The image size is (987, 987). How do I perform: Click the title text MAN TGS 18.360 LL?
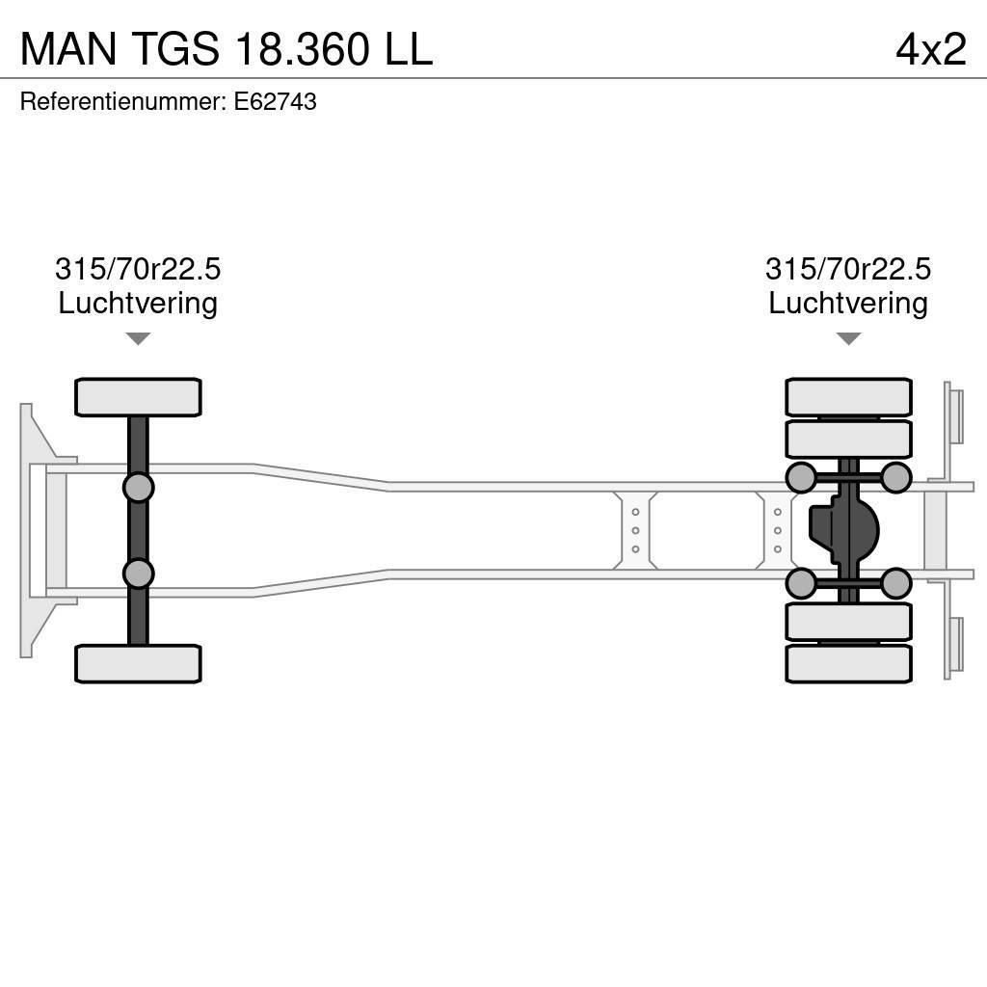point(226,49)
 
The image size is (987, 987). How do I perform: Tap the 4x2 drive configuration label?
point(930,49)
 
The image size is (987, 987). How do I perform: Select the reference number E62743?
point(275,102)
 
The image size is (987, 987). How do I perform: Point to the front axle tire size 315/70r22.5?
point(138,269)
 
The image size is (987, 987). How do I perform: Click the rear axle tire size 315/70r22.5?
point(848,269)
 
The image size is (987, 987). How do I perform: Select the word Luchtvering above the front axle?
point(138,303)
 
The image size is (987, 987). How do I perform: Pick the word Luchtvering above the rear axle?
point(848,303)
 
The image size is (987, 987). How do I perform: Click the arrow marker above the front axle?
point(138,338)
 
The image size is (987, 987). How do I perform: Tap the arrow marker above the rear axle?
point(848,338)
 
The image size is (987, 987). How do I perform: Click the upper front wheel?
point(138,397)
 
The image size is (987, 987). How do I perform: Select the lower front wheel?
point(138,664)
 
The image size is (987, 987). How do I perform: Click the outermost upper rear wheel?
point(848,397)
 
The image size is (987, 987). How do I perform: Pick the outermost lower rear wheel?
point(848,664)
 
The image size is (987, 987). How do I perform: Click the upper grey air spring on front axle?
point(138,487)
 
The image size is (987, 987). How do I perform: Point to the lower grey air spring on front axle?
point(138,574)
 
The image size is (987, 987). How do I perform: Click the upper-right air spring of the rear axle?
point(896,477)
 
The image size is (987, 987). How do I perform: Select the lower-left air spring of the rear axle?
point(801,583)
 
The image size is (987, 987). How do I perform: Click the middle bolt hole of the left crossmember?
point(635,530)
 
